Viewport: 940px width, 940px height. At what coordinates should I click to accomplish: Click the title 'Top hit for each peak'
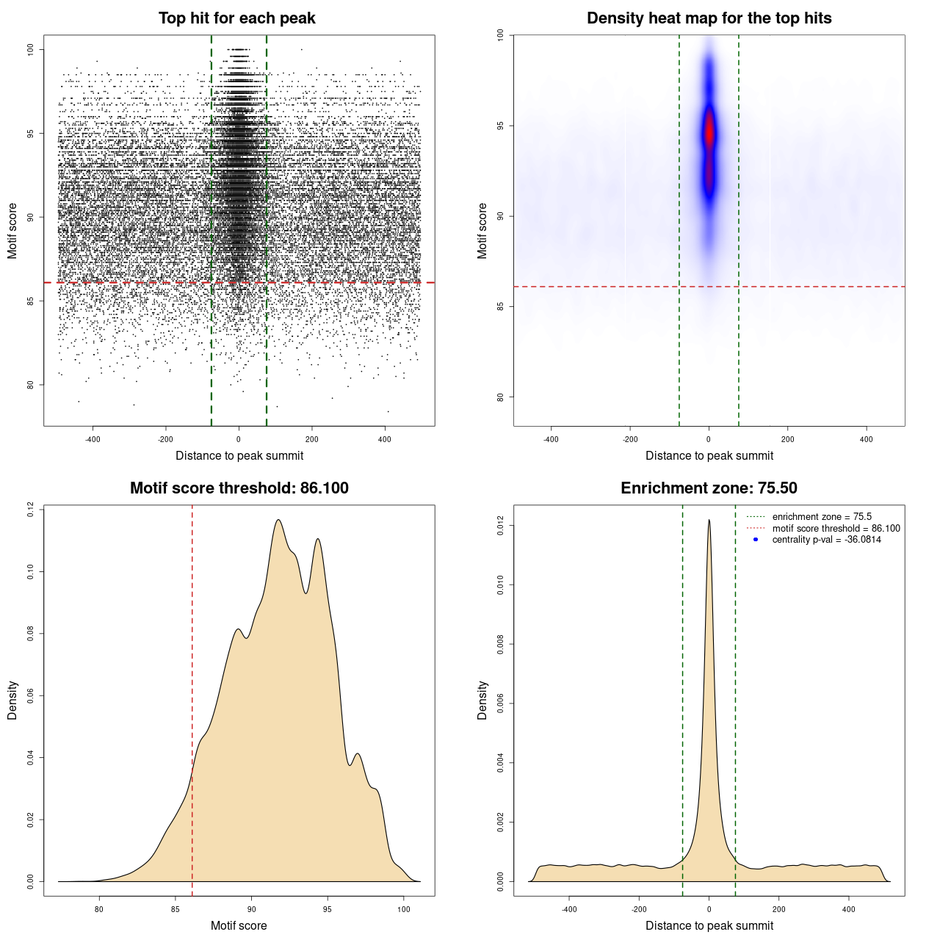[x=237, y=18]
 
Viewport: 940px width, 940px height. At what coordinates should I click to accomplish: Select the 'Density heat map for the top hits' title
[x=709, y=18]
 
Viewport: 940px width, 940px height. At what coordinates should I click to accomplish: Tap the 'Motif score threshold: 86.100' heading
[x=239, y=488]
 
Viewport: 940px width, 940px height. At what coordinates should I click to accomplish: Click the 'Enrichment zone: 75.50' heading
[x=709, y=488]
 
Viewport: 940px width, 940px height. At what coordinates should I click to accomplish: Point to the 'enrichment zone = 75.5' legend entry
[x=822, y=517]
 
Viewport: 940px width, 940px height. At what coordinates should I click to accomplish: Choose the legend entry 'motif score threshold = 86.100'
[x=836, y=528]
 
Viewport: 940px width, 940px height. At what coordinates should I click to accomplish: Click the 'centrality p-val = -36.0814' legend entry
[x=826, y=540]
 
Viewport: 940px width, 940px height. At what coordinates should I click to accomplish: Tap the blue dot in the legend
[x=756, y=540]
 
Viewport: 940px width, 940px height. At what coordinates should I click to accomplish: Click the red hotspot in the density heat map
[x=709, y=136]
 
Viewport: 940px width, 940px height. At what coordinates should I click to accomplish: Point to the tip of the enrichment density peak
[x=709, y=520]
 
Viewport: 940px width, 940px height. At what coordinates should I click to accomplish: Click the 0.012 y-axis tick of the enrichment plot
[x=500, y=526]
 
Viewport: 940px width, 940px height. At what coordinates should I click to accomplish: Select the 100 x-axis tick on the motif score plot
[x=404, y=909]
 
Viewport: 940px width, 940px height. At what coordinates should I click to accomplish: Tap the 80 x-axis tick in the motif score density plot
[x=99, y=909]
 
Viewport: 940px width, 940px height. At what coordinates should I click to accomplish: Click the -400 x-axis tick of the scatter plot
[x=93, y=439]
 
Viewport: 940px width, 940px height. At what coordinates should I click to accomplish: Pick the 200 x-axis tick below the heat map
[x=788, y=439]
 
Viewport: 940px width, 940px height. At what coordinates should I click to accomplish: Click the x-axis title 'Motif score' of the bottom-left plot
[x=239, y=925]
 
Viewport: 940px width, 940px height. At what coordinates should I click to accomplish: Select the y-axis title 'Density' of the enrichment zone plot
[x=482, y=700]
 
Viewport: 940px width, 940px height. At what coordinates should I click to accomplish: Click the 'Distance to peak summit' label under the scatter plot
[x=239, y=455]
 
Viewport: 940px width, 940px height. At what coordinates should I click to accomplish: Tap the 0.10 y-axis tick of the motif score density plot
[x=30, y=571]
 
